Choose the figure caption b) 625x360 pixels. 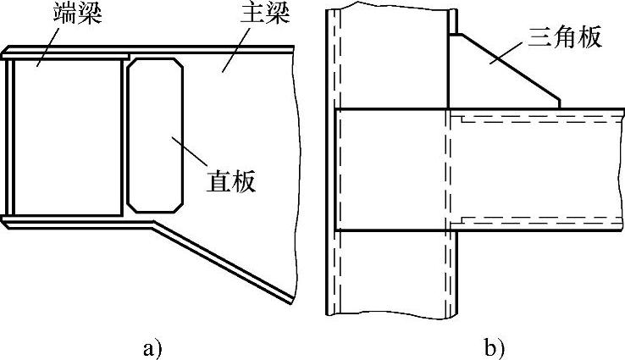pos(495,346)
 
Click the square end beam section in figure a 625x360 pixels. pos(68,136)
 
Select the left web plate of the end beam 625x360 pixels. pos(11,136)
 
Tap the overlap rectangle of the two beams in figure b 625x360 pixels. pos(391,169)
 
